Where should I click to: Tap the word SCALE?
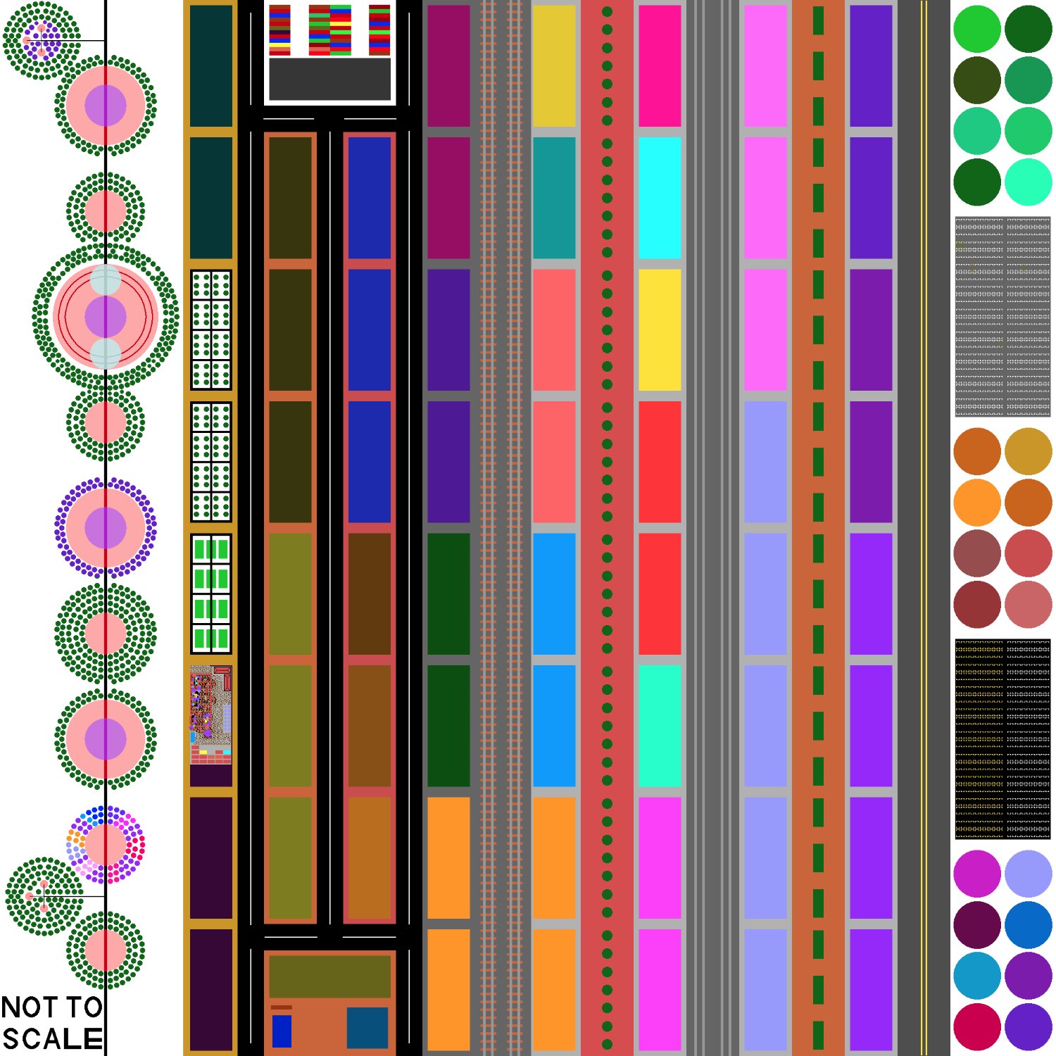coord(52,1039)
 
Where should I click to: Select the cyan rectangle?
coord(660,198)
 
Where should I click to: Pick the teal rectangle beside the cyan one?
coord(554,198)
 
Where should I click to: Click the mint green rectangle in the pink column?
coord(660,726)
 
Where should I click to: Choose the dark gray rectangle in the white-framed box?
coord(329,79)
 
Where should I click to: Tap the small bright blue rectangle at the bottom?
coord(282,1031)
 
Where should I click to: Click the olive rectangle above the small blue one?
coord(329,976)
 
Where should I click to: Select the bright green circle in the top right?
coord(977,29)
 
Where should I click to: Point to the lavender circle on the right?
coord(1029,874)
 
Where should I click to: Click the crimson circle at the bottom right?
coord(977,1026)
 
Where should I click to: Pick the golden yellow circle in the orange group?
coord(1029,451)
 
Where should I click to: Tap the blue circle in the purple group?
coord(1029,924)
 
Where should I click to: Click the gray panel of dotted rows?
coord(1002,317)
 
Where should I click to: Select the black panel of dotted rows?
coord(1002,739)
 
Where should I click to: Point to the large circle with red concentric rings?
coord(106,317)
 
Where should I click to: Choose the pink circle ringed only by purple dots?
coord(106,528)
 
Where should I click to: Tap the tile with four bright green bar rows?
coord(211,594)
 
